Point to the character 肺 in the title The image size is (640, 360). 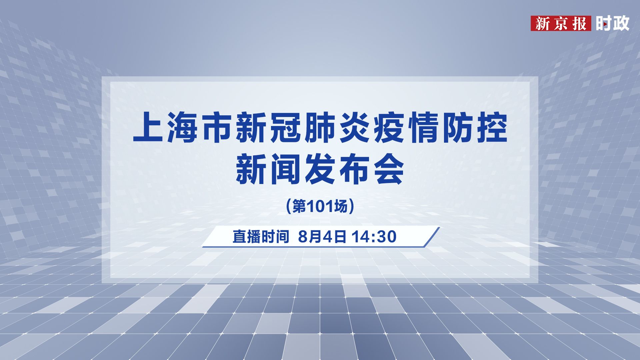point(320,128)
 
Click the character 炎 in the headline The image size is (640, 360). point(354,128)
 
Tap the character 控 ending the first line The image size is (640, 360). point(491,128)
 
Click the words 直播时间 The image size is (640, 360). point(260,237)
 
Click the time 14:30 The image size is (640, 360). point(374,237)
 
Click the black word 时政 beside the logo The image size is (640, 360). point(612,23)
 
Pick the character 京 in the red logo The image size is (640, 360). point(561,24)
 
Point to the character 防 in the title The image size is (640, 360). point(457,128)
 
